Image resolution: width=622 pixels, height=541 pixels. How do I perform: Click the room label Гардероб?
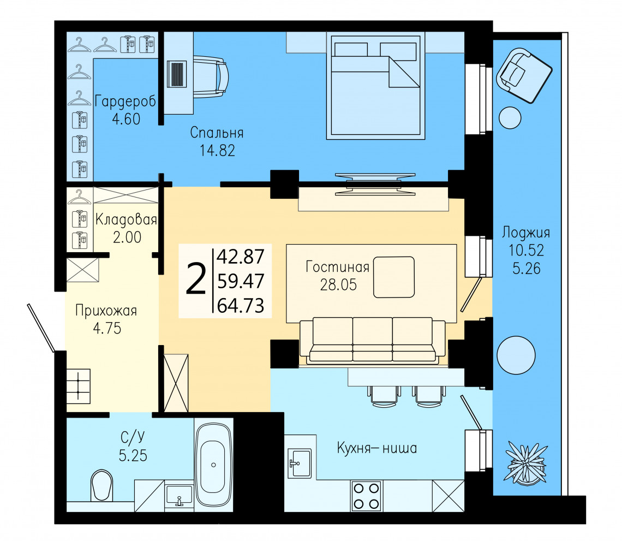click(125, 102)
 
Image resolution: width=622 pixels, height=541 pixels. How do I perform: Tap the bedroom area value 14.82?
click(217, 151)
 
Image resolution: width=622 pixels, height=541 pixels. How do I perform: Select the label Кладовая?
click(126, 219)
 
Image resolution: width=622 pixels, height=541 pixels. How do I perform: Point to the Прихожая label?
click(106, 311)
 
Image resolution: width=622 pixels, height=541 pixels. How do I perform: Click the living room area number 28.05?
click(338, 284)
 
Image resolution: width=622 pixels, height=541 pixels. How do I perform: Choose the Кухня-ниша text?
click(377, 448)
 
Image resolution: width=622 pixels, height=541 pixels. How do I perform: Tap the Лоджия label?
click(526, 233)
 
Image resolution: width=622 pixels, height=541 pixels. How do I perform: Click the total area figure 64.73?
click(241, 306)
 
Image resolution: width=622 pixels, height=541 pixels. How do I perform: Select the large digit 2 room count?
click(196, 280)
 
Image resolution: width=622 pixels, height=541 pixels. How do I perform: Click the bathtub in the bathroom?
click(214, 465)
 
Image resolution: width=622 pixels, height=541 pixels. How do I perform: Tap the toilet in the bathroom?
click(102, 485)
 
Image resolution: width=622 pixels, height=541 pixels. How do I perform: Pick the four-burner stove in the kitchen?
click(367, 496)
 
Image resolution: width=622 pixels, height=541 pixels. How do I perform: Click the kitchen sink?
click(300, 463)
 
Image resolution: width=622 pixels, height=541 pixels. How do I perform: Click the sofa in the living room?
click(372, 340)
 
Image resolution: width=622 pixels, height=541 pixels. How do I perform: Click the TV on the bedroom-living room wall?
click(375, 184)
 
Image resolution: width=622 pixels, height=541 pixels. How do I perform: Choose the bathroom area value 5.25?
click(133, 455)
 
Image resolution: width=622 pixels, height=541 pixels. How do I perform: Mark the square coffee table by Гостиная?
click(394, 277)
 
